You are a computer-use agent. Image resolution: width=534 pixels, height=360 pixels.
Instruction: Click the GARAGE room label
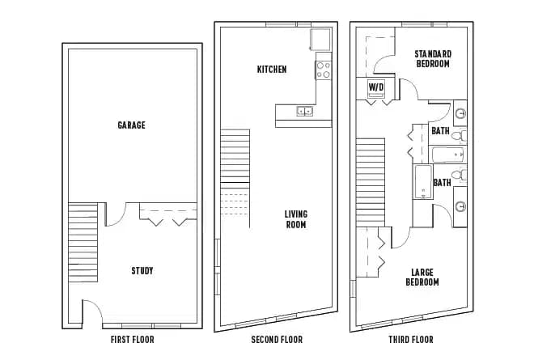coord(131,125)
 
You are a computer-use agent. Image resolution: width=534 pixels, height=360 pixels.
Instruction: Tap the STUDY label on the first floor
coord(142,270)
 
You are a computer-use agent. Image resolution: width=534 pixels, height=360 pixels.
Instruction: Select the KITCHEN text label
coord(271,70)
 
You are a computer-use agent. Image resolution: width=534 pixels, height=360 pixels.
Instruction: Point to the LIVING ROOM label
coord(295,219)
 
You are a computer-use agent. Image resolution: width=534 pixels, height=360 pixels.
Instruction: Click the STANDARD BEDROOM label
coord(433,58)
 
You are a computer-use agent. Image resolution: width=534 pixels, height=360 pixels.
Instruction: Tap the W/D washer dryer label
coord(376,86)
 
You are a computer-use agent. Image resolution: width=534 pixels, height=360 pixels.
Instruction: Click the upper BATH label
coord(440,130)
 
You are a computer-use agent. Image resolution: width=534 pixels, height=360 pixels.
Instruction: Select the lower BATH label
coord(442,183)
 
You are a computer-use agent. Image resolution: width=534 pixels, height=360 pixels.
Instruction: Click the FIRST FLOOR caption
coord(132,340)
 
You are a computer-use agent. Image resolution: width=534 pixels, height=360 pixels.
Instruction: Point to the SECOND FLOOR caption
coord(276,340)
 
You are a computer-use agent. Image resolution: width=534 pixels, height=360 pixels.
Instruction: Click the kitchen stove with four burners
coord(324,70)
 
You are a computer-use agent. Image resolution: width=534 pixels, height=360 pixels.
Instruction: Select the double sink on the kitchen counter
coord(306,111)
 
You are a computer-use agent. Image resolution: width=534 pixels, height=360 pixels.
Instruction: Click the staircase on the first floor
coord(83,241)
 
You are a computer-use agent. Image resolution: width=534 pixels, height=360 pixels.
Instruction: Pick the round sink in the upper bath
coord(460,114)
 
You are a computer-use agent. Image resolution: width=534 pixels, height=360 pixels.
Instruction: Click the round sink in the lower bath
coord(460,205)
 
